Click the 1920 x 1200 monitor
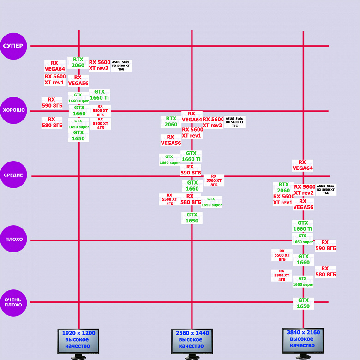point(78,342)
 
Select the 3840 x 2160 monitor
point(303,342)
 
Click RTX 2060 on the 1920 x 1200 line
point(78,62)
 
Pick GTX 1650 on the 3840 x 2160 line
point(303,303)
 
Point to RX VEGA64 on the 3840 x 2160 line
point(303,165)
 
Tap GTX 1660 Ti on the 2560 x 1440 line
point(192,156)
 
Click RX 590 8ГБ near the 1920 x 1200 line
point(52,102)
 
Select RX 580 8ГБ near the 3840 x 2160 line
point(325,271)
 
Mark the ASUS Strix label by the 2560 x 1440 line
point(235,122)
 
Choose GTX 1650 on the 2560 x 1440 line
point(192,218)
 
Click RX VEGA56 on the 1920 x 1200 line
point(78,80)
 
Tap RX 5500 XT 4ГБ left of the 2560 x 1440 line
point(169,199)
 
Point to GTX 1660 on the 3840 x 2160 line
point(303,259)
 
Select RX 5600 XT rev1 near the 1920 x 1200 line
point(55,79)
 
